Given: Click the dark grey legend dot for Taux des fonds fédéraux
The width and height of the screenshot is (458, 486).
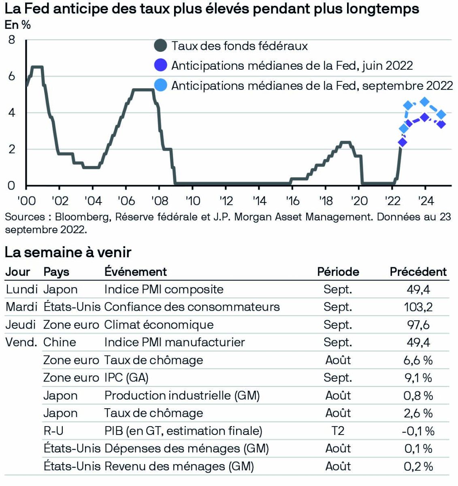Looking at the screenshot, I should pyautogui.click(x=161, y=46).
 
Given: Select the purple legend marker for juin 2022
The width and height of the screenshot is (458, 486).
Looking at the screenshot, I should pyautogui.click(x=161, y=65).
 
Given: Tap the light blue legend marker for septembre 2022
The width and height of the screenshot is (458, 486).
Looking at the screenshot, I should pyautogui.click(x=161, y=85).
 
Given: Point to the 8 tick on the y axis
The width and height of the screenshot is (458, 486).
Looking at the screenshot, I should pyautogui.click(x=11, y=40).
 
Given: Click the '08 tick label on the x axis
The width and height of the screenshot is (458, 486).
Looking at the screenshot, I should pyautogui.click(x=159, y=201).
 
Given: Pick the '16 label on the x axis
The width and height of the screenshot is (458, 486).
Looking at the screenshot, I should pyautogui.click(x=292, y=201).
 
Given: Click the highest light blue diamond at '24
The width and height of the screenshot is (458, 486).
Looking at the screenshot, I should pyautogui.click(x=424, y=102).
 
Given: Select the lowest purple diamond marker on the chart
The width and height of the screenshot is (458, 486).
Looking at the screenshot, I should pyautogui.click(x=402, y=142).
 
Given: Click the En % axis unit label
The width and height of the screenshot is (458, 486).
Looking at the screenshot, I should pyautogui.click(x=18, y=25).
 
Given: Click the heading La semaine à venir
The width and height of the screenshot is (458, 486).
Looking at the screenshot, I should pyautogui.click(x=68, y=252).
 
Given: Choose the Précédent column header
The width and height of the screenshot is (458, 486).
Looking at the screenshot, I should pyautogui.click(x=418, y=272).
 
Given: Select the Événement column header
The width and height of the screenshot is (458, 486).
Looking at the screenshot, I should pyautogui.click(x=136, y=272).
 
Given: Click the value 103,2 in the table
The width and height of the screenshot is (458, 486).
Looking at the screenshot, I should pyautogui.click(x=418, y=307).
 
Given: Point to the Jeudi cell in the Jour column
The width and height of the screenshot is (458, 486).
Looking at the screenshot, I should pyautogui.click(x=21, y=325).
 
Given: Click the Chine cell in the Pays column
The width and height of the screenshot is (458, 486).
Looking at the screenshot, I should pyautogui.click(x=60, y=342).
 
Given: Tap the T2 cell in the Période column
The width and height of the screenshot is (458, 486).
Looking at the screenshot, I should pyautogui.click(x=338, y=431).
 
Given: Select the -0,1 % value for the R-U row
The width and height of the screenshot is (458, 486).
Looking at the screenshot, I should pyautogui.click(x=418, y=431).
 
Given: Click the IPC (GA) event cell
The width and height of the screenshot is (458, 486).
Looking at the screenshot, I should pyautogui.click(x=126, y=378).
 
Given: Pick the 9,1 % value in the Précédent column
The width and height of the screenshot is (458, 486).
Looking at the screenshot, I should pyautogui.click(x=418, y=378).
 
